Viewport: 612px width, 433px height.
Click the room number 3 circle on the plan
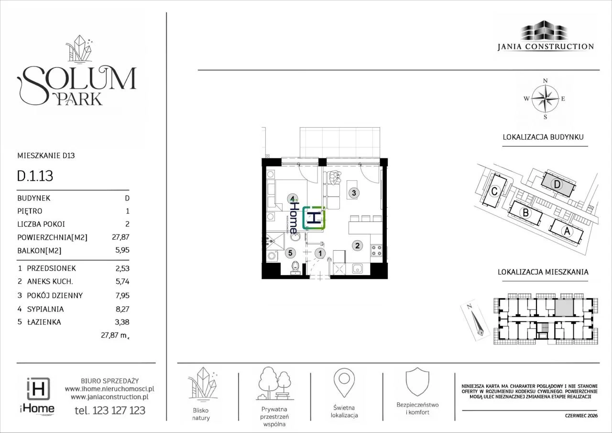click(x=354, y=193)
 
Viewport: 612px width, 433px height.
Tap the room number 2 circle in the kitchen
click(x=357, y=245)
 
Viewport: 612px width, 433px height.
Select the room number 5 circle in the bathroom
click(x=290, y=253)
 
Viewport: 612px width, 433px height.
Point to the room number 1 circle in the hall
click(x=320, y=254)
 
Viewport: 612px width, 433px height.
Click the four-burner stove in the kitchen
click(x=376, y=250)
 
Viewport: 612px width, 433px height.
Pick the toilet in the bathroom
click(x=295, y=268)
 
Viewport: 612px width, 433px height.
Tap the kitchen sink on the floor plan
click(x=357, y=269)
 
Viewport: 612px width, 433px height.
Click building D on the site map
click(x=557, y=184)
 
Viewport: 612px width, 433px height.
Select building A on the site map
click(x=567, y=231)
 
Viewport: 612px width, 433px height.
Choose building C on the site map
click(x=494, y=191)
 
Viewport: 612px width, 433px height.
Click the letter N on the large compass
click(x=546, y=81)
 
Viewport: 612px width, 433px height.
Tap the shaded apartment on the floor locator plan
click(x=564, y=307)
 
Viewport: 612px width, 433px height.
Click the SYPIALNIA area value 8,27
click(x=122, y=309)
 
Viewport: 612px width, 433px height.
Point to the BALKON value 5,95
click(x=122, y=250)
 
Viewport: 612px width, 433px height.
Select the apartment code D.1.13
click(x=35, y=176)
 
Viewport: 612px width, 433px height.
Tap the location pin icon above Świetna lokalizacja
click(x=344, y=382)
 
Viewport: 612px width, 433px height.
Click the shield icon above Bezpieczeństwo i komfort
click(x=417, y=382)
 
